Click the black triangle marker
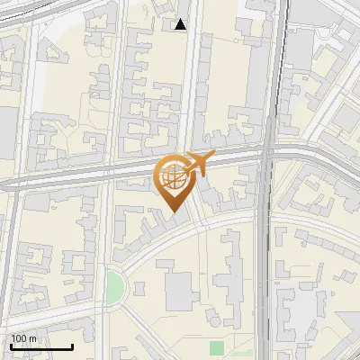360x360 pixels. (181, 24)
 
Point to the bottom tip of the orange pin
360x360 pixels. (174, 212)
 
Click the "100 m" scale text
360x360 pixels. (23, 338)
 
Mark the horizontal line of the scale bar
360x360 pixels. (41, 346)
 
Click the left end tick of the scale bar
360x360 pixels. (11, 345)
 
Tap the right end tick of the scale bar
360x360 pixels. (72, 345)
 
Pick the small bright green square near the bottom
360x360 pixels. (216, 347)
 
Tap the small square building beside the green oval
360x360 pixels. (139, 288)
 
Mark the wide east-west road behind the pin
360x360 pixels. (90, 173)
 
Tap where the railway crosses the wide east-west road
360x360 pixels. (267, 159)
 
